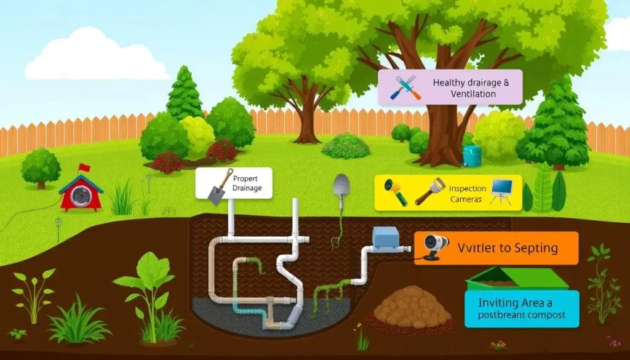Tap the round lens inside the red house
click(x=80, y=195)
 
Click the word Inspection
click(x=468, y=189)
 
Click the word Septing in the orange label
click(x=531, y=249)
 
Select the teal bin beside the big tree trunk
click(x=472, y=155)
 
